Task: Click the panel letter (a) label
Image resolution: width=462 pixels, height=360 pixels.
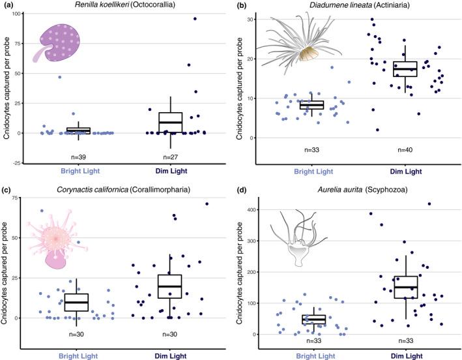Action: [x=9, y=6]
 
